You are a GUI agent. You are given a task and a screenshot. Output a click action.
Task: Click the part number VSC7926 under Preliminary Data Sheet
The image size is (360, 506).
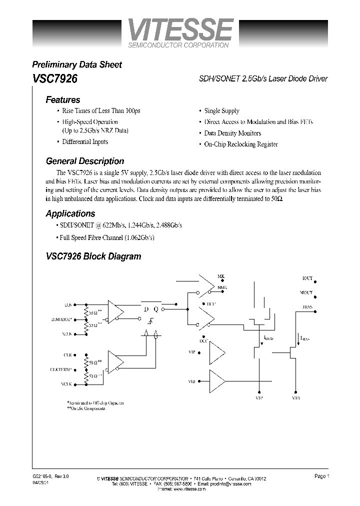[54, 79]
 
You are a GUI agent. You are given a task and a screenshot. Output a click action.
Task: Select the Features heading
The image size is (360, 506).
[63, 99]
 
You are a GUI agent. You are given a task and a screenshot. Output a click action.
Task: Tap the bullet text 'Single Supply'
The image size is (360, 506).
[221, 111]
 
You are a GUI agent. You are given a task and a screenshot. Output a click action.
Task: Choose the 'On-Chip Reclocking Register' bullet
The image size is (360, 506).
[241, 144]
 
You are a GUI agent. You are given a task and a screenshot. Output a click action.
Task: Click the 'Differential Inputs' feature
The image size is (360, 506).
[85, 141]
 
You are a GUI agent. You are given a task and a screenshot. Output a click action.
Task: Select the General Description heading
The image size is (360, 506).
[85, 161]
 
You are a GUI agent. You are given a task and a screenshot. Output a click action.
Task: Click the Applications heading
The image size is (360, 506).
[70, 213]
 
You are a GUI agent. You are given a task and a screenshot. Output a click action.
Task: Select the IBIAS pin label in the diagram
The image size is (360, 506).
[307, 306]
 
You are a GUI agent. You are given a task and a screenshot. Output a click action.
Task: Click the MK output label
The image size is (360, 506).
[220, 276]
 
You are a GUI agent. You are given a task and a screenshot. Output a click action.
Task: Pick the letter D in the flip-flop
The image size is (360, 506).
[146, 309]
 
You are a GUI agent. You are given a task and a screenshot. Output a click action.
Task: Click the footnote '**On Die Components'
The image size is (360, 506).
[86, 408]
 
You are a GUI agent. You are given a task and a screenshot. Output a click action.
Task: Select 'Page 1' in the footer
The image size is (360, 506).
[321, 476]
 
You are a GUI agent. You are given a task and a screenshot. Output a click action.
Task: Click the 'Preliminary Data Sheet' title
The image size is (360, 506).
[77, 64]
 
